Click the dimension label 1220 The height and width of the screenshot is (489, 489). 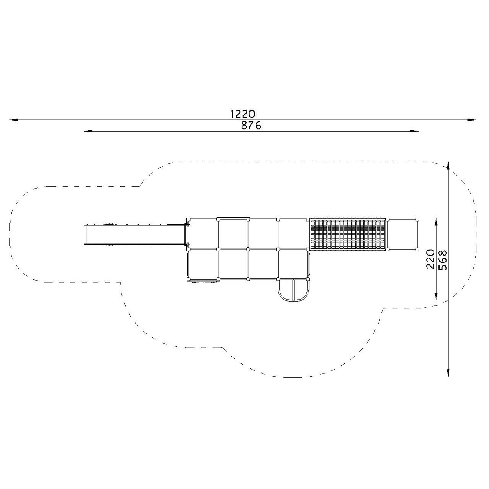(242, 114)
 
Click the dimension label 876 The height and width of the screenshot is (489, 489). (251, 126)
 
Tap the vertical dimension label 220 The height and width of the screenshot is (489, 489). (430, 259)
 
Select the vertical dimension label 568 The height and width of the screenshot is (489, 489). (442, 260)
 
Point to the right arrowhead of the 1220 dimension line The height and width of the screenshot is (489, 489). (472, 119)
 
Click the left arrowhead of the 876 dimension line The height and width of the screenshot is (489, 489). (88, 131)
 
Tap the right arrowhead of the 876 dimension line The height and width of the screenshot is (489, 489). (414, 131)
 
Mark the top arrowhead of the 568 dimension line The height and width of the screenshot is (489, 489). (448, 166)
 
